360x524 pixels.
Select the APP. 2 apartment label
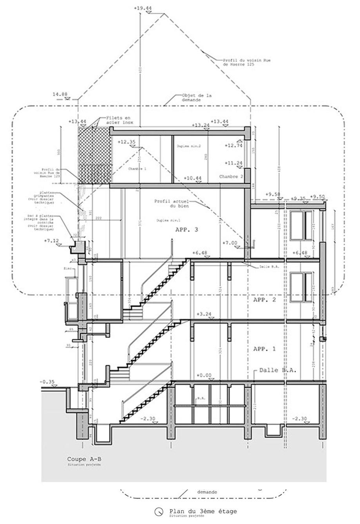(x=264, y=300)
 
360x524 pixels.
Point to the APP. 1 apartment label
(x=264, y=349)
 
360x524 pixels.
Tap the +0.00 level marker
(x=204, y=375)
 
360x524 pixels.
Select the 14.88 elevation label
(x=62, y=94)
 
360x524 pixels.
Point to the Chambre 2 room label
(x=231, y=177)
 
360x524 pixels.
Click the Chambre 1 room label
(x=134, y=169)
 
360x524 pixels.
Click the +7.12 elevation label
(x=52, y=241)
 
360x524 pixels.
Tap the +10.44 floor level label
(x=192, y=178)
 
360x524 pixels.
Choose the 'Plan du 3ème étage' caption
(x=203, y=511)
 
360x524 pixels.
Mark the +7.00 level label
(x=230, y=243)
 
